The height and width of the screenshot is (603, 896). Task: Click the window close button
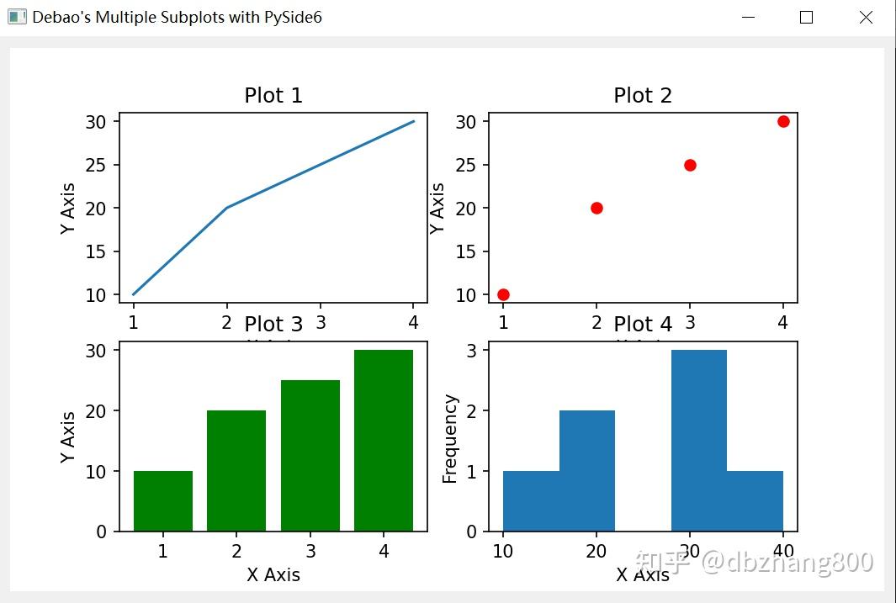coord(866,18)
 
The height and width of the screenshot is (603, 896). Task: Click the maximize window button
coord(806,18)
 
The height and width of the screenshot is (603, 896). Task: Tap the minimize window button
coord(747,18)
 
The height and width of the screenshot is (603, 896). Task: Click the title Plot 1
coord(273,96)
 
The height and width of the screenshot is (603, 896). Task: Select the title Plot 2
coord(643,96)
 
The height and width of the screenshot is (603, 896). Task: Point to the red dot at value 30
coord(783,121)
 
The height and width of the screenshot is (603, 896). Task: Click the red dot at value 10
coord(503,294)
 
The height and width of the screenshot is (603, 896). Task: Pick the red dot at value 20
coord(596,208)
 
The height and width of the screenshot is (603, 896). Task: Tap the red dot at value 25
coord(690,165)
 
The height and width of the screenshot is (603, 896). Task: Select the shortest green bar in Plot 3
coord(163,501)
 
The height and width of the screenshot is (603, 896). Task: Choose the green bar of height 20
coord(236,471)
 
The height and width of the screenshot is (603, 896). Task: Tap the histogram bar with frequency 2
coord(587,471)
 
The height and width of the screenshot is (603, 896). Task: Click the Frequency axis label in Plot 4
coord(450,439)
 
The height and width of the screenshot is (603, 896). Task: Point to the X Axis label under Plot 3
coord(273,575)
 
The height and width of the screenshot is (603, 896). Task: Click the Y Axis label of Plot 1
coord(68,208)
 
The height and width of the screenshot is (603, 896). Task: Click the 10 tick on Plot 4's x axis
coord(503,552)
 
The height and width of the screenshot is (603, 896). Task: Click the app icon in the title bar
coord(17,18)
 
